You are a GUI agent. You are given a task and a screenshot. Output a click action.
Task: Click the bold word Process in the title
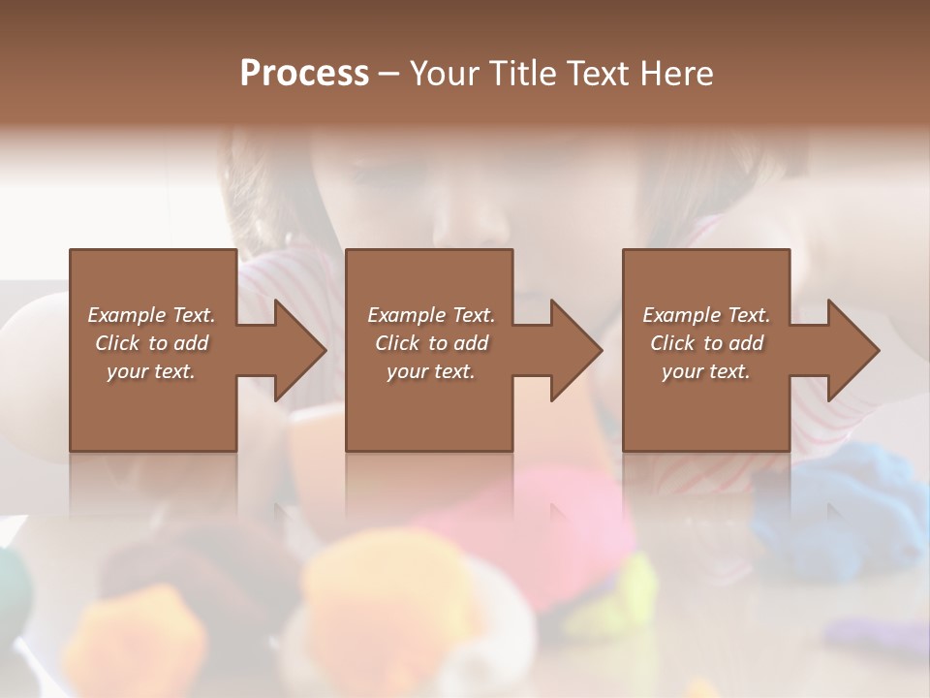(304, 74)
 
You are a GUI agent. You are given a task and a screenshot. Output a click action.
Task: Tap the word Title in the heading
(513, 74)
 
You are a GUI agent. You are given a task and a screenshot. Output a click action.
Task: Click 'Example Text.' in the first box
(151, 315)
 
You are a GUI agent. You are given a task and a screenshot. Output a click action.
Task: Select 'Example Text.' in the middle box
(430, 315)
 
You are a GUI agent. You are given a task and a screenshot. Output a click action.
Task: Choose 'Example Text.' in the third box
(706, 315)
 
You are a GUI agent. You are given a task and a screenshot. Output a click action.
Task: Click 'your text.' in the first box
(151, 371)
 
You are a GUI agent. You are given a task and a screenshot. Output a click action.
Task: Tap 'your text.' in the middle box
(430, 371)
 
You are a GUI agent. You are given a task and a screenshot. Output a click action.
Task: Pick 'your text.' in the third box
(706, 371)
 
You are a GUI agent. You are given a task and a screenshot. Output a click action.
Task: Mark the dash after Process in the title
(389, 75)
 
